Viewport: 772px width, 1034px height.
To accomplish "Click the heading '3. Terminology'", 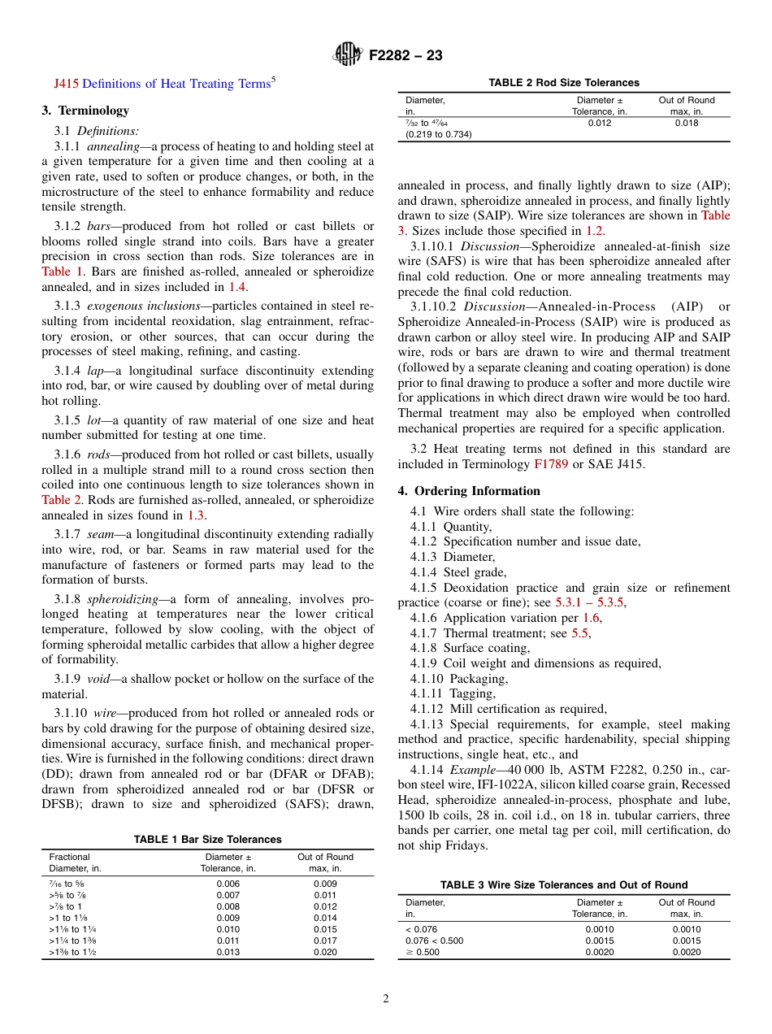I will click(x=85, y=111).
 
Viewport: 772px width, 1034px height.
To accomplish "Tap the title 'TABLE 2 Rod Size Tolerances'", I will click(x=563, y=83).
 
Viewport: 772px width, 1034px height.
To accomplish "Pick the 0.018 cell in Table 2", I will click(x=686, y=124).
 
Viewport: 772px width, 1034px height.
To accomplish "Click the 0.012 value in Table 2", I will click(x=599, y=124).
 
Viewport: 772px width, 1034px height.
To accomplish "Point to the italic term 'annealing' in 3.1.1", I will click(x=113, y=147).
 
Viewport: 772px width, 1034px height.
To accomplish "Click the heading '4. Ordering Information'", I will click(x=469, y=491).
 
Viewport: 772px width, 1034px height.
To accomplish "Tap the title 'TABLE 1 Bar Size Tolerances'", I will click(x=207, y=840).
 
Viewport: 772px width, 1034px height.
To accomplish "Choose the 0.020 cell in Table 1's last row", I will click(x=325, y=953).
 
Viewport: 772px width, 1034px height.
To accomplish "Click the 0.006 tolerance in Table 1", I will click(x=228, y=884).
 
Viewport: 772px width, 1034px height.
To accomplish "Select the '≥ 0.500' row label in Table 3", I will click(x=422, y=953).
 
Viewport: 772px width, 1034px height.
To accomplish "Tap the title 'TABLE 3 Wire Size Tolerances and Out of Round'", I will click(x=563, y=885).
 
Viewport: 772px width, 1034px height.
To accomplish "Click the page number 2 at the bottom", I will click(x=386, y=999).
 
